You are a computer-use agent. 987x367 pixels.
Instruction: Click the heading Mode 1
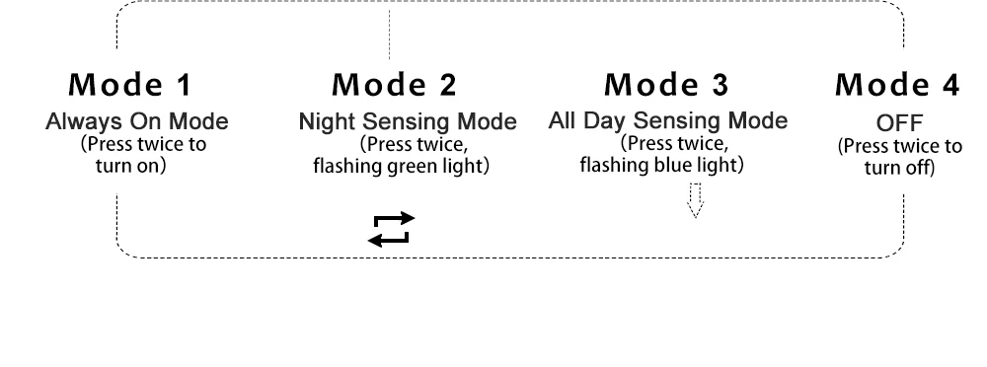129,85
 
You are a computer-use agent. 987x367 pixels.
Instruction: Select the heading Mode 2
394,85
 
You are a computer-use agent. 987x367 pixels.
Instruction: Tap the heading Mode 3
666,85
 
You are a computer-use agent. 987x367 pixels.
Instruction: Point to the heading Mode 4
897,85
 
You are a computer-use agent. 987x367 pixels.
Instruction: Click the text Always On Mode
137,121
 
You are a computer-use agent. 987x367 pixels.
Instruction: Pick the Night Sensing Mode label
408,121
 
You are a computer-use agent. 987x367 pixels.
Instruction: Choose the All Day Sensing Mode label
668,120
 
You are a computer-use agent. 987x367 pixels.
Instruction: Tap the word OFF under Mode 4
899,122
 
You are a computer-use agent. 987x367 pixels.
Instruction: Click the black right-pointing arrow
395,219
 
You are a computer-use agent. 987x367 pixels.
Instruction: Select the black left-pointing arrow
388,239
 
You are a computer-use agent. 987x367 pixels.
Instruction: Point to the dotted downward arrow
696,201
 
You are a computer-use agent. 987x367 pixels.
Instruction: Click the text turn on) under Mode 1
131,166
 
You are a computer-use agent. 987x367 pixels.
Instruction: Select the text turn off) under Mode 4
899,168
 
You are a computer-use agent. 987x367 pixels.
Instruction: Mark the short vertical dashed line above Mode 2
389,35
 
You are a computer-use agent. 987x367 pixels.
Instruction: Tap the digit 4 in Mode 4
950,85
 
